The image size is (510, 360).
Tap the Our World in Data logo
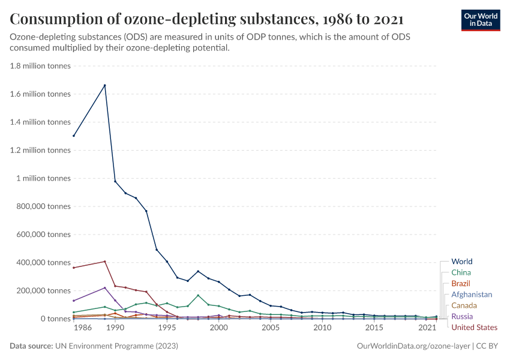480,20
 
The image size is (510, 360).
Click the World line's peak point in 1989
105,85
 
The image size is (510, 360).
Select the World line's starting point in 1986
74,136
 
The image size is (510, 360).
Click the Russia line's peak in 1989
105,287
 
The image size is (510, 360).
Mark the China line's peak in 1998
198,295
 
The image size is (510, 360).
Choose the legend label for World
461,262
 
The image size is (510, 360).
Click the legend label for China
461,272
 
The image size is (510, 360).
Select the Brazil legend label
461,283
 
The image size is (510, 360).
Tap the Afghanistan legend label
472,295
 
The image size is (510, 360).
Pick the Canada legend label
464,305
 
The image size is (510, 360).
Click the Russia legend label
462,316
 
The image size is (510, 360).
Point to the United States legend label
474,327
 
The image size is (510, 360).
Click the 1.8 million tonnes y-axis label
40,66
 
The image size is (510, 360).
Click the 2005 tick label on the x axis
271,328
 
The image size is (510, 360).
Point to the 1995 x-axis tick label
167,328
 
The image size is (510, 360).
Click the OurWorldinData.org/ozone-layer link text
413,346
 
